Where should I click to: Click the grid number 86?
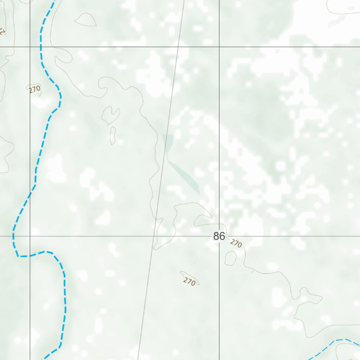(x=219, y=236)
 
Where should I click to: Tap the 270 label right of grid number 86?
(x=236, y=243)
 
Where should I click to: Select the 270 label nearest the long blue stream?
(x=35, y=89)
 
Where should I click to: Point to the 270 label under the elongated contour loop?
(x=189, y=282)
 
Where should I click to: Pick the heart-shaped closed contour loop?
(x=110, y=115)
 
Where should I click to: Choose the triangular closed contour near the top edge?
(x=86, y=20)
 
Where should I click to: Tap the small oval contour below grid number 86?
(x=231, y=258)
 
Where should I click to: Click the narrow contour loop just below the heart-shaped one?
(x=113, y=135)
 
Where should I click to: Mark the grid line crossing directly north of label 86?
(x=219, y=47)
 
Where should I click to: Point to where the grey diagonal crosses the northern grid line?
(x=179, y=47)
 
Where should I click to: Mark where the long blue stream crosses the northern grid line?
(x=41, y=47)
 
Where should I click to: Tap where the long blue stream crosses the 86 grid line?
(x=13, y=236)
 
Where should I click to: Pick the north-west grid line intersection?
(x=30, y=47)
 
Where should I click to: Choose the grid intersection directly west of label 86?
(x=30, y=236)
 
